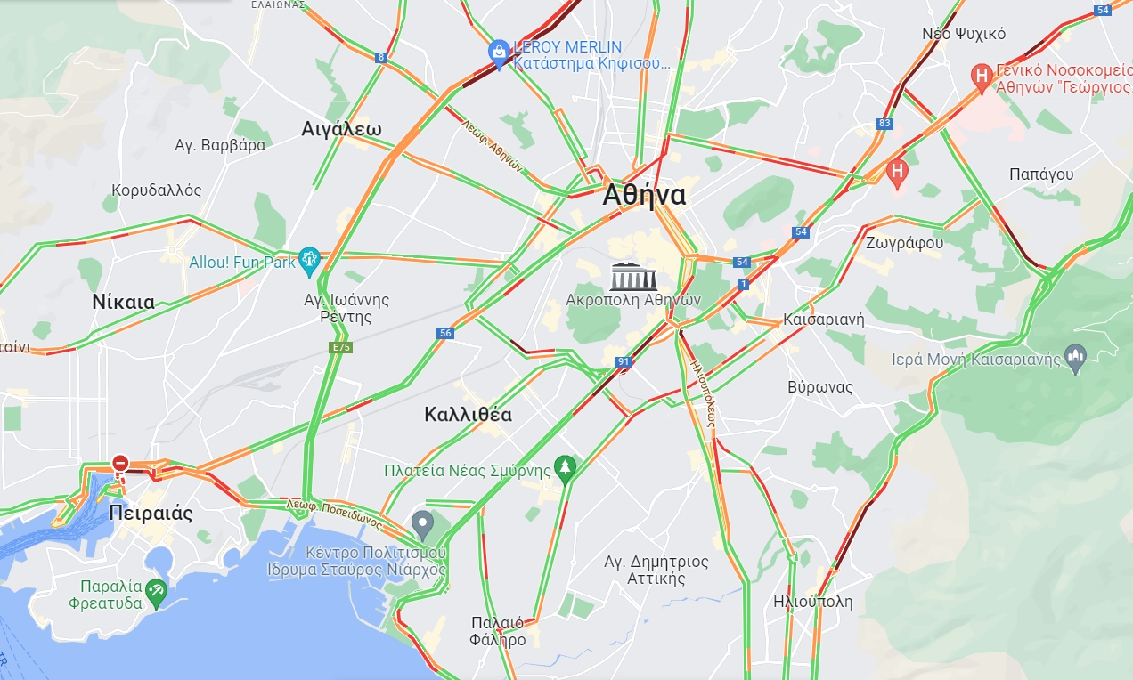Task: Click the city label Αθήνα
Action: (644, 195)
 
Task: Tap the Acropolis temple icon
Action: (632, 276)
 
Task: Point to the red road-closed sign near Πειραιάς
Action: (120, 463)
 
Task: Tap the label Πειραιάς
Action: (151, 514)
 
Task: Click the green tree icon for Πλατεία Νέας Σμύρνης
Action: (565, 467)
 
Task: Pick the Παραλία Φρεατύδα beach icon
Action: (157, 591)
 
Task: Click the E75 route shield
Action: (340, 347)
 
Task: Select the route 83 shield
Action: (884, 124)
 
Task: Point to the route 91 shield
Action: (624, 362)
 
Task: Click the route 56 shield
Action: (446, 333)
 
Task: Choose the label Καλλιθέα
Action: (469, 414)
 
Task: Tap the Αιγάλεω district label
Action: (341, 129)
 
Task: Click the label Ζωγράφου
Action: (904, 241)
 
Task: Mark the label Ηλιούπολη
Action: (812, 602)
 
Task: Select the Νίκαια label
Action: (123, 302)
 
